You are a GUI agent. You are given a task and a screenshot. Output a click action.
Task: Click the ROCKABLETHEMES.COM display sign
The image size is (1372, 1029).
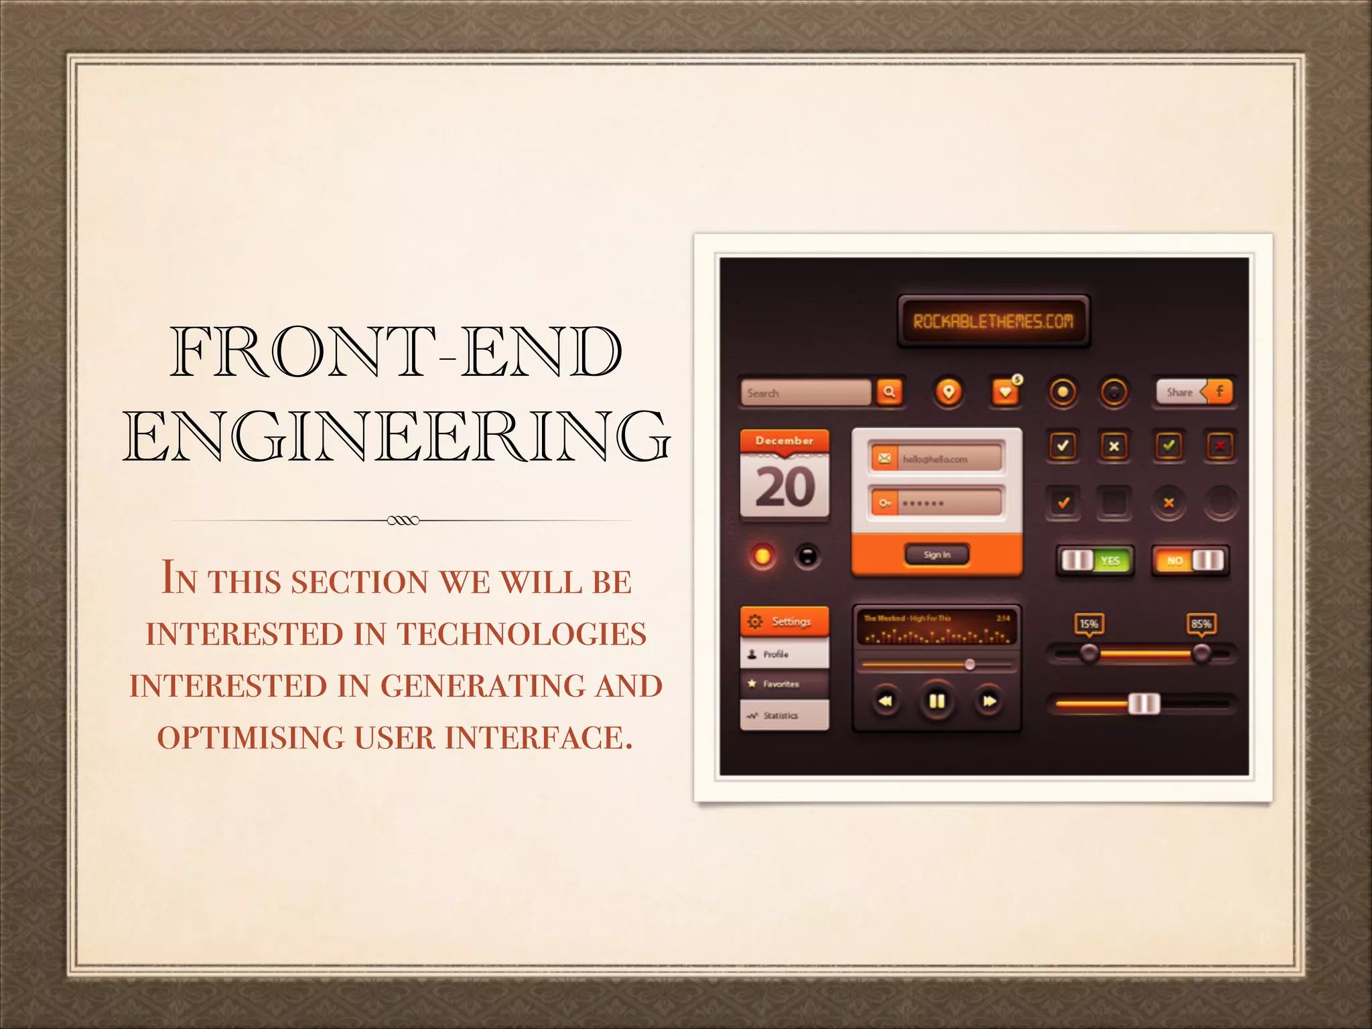[993, 322]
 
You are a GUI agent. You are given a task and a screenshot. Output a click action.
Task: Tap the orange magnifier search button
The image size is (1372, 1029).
[889, 392]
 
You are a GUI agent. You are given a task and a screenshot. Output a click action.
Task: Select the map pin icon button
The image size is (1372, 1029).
[948, 392]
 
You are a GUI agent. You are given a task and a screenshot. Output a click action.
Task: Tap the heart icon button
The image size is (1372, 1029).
[1005, 392]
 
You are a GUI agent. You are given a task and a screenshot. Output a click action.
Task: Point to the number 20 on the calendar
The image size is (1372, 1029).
[784, 487]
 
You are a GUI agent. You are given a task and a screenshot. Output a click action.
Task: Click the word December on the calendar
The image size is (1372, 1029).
[784, 441]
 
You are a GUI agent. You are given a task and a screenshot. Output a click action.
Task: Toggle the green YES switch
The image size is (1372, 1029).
[1095, 561]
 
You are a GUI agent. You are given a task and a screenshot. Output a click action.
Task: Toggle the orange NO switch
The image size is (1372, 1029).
[1190, 561]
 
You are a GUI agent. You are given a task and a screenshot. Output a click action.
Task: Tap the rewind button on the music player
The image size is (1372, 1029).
[885, 701]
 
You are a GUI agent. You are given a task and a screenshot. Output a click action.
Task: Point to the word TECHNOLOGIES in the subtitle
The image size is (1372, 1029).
[521, 634]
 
